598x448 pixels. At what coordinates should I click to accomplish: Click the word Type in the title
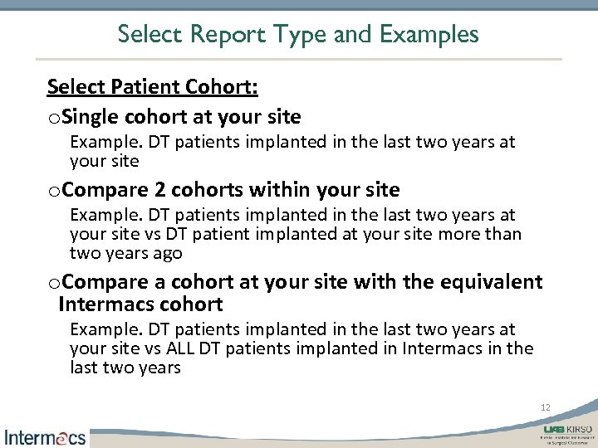(293, 34)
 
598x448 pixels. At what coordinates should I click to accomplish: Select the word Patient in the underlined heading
(145, 86)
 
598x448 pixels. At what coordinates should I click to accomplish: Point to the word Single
(91, 115)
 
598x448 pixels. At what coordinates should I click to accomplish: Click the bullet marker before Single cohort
(54, 116)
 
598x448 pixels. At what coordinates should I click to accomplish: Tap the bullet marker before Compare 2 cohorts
(54, 190)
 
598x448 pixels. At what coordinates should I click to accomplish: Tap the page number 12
(546, 407)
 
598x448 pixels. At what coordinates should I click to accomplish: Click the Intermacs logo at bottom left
(45, 436)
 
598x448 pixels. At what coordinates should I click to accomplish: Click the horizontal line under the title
(299, 59)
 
